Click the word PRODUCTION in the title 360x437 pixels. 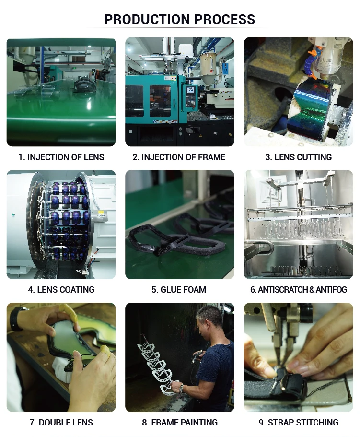(x=148, y=19)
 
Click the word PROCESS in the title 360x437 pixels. (x=225, y=19)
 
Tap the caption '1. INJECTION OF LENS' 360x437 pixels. (x=61, y=157)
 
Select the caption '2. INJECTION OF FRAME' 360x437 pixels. (x=179, y=157)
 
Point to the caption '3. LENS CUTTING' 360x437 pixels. (x=299, y=157)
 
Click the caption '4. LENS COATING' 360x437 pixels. (x=61, y=290)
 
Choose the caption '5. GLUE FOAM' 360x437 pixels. (x=179, y=290)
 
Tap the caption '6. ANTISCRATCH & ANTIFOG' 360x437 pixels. (x=299, y=290)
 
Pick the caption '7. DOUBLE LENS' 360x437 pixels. (x=61, y=422)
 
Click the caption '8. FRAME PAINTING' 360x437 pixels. (x=180, y=422)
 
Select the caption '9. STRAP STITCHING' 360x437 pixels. (x=299, y=422)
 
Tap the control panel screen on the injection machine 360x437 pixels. (x=191, y=91)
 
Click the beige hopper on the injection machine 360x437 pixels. (x=208, y=68)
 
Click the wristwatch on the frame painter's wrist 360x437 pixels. (x=182, y=388)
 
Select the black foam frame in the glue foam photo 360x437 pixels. (x=178, y=240)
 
